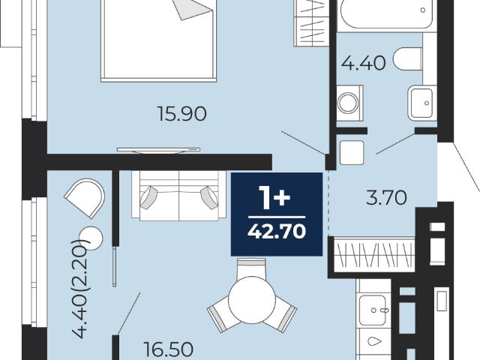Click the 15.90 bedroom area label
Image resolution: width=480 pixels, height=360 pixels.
pos(181,113)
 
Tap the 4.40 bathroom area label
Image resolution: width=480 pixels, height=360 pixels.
pos(363,64)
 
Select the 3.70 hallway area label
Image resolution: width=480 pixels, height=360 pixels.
pos(386,197)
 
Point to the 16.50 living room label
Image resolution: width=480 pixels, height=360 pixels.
pos(168,349)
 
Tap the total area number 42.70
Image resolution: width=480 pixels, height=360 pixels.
pos(277,231)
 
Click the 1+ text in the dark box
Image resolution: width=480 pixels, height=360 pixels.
pos(274,198)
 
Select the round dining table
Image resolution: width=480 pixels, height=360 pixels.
pos(252,300)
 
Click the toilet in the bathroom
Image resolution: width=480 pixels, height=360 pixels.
pos(408,58)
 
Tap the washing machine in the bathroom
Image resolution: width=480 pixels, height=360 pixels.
pos(350,103)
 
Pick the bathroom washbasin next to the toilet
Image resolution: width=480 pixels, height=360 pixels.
pos(422,103)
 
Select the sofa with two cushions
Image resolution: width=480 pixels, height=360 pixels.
pos(179,195)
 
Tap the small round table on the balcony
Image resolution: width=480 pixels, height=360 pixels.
pos(91,238)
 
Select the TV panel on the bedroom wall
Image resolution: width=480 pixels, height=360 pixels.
pos(158,150)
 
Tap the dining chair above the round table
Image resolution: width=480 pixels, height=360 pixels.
pos(252,267)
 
